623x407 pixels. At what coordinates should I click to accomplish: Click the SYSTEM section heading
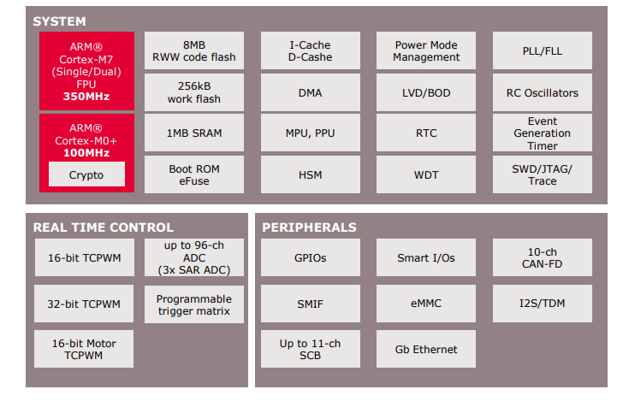tap(59, 21)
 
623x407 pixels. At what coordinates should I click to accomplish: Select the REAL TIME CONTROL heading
tap(103, 227)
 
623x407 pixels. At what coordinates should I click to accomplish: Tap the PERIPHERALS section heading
tap(309, 227)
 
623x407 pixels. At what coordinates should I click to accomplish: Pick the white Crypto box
tap(86, 174)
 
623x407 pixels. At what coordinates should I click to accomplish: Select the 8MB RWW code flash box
tap(193, 51)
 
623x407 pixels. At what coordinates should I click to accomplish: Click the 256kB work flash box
tap(193, 92)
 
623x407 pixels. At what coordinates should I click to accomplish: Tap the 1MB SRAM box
tap(193, 133)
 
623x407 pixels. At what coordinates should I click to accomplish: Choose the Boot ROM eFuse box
tap(193, 174)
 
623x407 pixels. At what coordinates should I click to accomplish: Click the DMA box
tap(310, 92)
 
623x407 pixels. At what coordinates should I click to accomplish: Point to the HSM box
tap(310, 174)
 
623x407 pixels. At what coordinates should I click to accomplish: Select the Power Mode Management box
tap(426, 51)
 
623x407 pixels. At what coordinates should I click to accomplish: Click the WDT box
tap(426, 174)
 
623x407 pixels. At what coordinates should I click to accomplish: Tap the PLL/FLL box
tap(542, 51)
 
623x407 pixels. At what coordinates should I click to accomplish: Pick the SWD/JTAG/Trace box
tap(542, 174)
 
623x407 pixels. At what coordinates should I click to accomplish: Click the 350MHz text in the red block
tap(86, 97)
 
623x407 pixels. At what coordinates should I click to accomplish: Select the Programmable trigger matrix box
tap(193, 304)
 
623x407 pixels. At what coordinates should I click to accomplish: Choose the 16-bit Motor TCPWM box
tap(83, 349)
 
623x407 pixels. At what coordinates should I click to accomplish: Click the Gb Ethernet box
tap(426, 349)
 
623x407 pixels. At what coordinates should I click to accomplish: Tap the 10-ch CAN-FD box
tap(542, 257)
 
